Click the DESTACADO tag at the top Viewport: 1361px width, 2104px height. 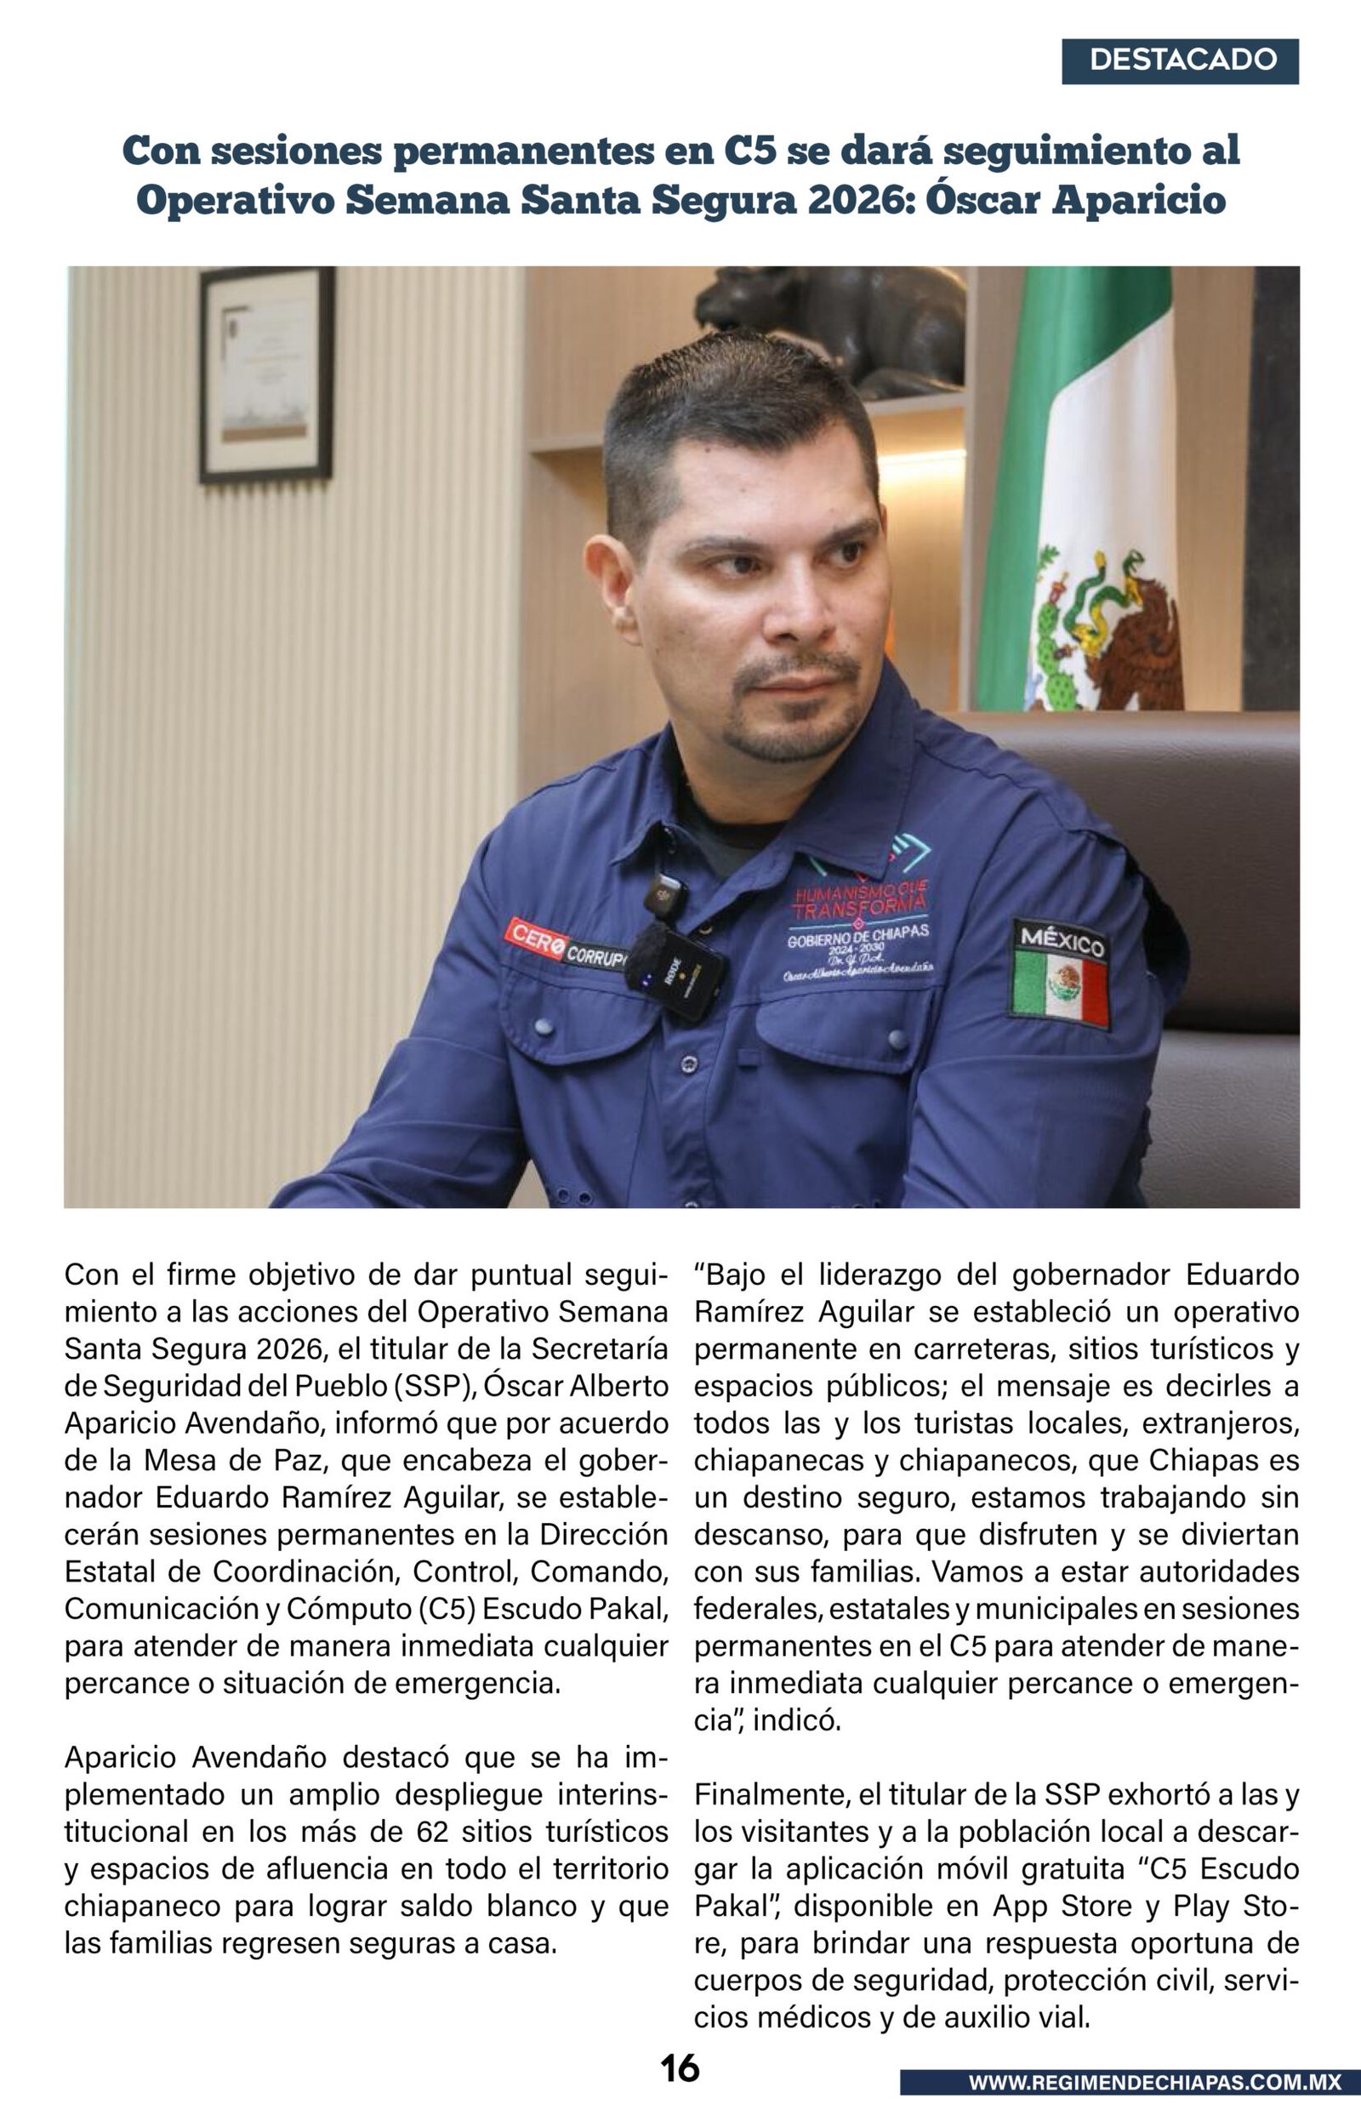(x=1180, y=61)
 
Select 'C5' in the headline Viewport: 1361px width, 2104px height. (x=749, y=151)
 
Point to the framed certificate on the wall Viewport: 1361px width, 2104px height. (x=267, y=373)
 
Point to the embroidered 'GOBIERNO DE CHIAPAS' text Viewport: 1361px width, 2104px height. (x=858, y=934)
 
